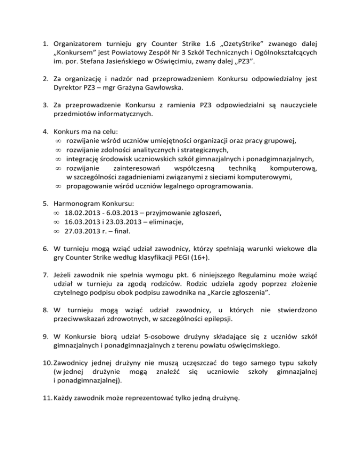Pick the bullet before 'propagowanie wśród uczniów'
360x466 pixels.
coord(57,187)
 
